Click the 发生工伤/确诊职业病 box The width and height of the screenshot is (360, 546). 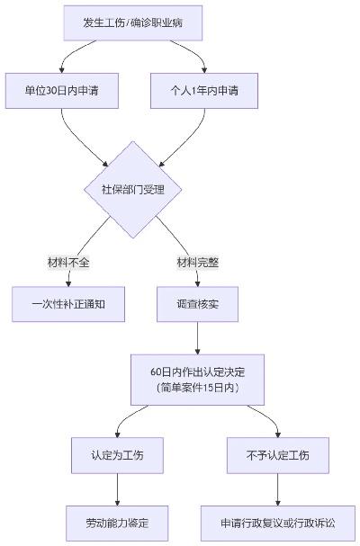pyautogui.click(x=133, y=22)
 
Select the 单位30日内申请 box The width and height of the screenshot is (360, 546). pyautogui.click(x=62, y=90)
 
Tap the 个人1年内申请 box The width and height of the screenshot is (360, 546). pyautogui.click(x=205, y=90)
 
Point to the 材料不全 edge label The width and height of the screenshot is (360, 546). pyautogui.click(x=69, y=263)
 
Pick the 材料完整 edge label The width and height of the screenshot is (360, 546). pyautogui.click(x=198, y=263)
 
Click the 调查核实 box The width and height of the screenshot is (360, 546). pyautogui.click(x=198, y=304)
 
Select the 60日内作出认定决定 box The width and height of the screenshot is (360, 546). pyautogui.click(x=198, y=380)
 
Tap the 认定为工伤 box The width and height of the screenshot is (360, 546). pyautogui.click(x=118, y=455)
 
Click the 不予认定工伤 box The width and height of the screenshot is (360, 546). pyautogui.click(x=277, y=455)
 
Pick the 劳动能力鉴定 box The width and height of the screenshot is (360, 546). pyautogui.click(x=118, y=522)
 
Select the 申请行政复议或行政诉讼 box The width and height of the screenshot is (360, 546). pyautogui.click(x=277, y=522)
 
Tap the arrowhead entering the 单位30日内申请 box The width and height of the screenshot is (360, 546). pyautogui.click(x=62, y=68)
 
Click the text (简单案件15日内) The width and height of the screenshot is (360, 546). pyautogui.click(x=198, y=388)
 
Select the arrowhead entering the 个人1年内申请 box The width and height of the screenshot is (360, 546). pyautogui.click(x=205, y=68)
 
